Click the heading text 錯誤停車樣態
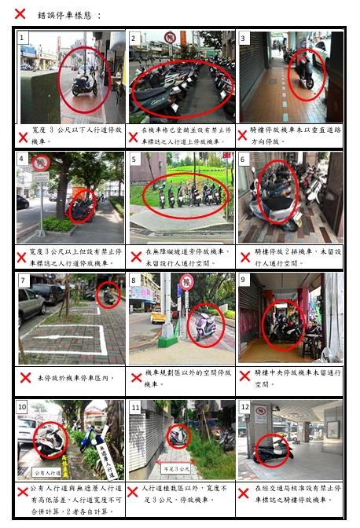click(x=70, y=15)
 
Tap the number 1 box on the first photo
click(x=24, y=38)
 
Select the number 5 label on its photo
click(x=134, y=159)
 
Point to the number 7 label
click(x=24, y=280)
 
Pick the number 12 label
click(x=244, y=407)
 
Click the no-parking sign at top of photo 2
click(x=171, y=37)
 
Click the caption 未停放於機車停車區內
click(x=75, y=378)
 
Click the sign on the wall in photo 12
click(x=260, y=414)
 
